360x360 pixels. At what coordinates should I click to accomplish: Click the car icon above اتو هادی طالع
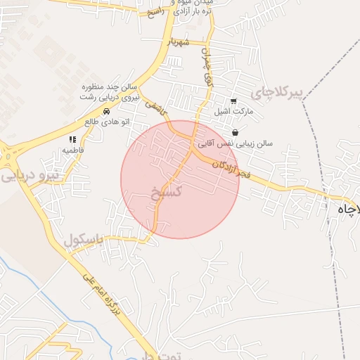click(x=106, y=111)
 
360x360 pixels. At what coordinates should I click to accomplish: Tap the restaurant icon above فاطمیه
click(x=72, y=139)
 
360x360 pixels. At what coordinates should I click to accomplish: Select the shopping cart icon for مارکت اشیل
click(x=233, y=101)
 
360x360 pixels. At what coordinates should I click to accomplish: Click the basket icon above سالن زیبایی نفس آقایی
click(x=234, y=132)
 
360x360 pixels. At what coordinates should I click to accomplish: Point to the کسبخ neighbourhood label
click(x=167, y=191)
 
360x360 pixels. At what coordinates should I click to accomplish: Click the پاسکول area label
click(x=84, y=240)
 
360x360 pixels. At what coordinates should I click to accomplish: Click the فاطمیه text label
click(x=74, y=150)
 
